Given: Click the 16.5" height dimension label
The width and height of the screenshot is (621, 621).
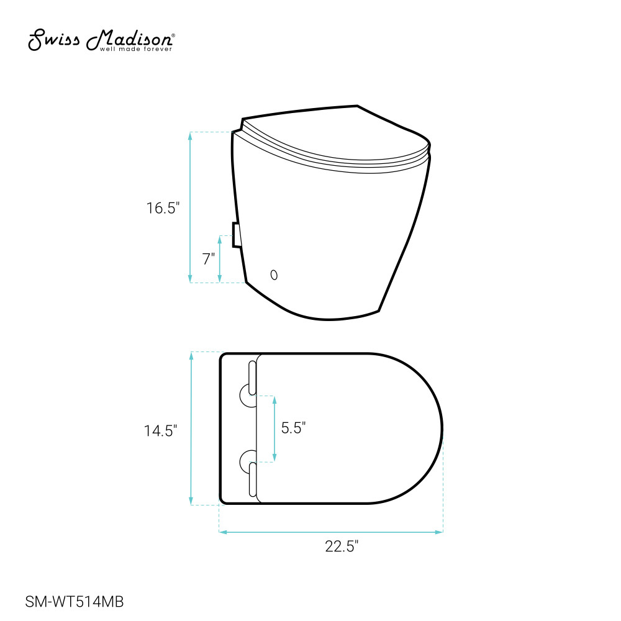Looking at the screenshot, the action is (x=163, y=208).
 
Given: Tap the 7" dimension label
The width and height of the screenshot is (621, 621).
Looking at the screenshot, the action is (x=209, y=259).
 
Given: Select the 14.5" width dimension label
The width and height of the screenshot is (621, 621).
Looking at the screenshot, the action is (x=160, y=430).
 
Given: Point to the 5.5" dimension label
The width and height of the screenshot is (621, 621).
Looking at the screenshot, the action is (x=294, y=428).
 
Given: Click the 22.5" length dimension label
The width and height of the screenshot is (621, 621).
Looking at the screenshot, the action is (x=342, y=546).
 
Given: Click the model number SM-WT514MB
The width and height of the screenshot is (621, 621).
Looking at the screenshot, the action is (x=75, y=602).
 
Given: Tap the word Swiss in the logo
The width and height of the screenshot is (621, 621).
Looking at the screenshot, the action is (x=54, y=40).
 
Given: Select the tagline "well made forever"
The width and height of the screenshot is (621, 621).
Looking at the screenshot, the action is (x=136, y=49).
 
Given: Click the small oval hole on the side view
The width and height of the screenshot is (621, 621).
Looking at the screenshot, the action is (x=274, y=275).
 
